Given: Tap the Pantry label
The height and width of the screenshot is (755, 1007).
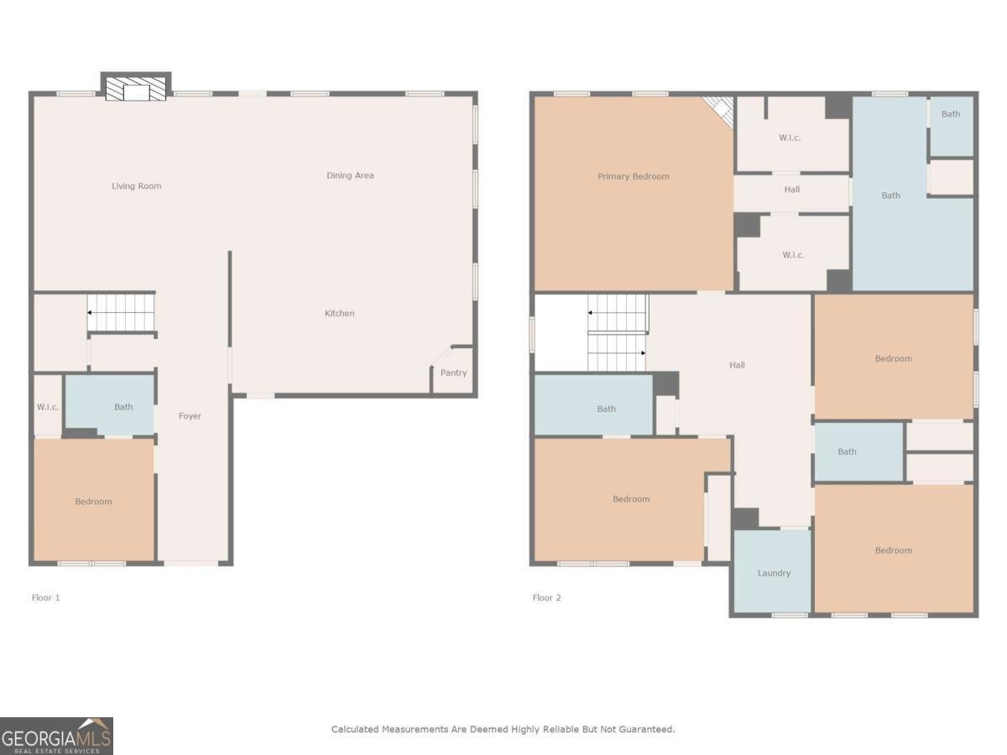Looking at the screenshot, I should [453, 373].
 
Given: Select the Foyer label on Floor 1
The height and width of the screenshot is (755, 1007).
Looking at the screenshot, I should [190, 416].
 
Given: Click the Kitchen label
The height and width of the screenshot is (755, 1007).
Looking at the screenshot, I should [340, 314].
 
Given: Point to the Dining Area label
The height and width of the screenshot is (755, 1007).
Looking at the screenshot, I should [350, 176].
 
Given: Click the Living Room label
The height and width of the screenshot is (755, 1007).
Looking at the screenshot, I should [136, 186].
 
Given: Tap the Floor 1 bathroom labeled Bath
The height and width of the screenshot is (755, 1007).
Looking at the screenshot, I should [123, 408].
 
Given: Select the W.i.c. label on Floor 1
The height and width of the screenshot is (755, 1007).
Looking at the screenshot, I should [47, 408].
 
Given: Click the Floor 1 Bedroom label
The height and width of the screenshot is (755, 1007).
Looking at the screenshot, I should [93, 502].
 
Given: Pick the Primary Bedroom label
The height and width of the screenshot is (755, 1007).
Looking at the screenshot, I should [633, 177].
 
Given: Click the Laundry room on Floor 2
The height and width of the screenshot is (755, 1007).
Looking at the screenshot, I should [774, 574].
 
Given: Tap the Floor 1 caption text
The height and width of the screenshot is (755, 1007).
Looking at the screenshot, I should [46, 598].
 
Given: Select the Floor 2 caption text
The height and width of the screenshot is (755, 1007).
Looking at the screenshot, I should [546, 598].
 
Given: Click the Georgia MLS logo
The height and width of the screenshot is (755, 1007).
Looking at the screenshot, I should [56, 736].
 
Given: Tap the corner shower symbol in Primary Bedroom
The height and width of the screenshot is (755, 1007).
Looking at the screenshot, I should [720, 109].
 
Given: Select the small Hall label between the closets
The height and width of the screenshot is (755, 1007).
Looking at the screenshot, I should [791, 190].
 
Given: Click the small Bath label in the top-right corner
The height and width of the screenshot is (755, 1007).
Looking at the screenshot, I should [950, 114].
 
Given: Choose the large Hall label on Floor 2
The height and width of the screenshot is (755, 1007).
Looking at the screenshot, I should [737, 366].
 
